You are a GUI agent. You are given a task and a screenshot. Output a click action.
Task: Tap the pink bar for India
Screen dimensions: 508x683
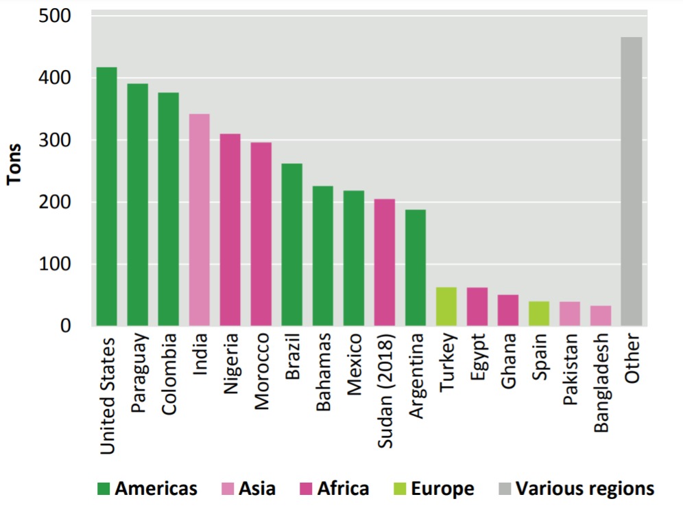tap(199, 220)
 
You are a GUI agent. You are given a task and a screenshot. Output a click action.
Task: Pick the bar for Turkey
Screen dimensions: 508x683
tap(446, 307)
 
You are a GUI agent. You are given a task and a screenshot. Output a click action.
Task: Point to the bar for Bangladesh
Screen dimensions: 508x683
tap(601, 316)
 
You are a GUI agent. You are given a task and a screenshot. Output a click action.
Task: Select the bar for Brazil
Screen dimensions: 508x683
tap(292, 244)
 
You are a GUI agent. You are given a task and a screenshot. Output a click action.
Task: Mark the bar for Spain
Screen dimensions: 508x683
tap(539, 314)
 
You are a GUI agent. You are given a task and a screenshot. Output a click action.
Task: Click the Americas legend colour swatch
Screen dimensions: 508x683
tap(104, 489)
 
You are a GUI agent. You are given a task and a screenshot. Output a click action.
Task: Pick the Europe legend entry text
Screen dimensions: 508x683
tap(442, 489)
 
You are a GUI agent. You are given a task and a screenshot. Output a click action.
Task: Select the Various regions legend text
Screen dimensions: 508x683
tap(584, 489)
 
